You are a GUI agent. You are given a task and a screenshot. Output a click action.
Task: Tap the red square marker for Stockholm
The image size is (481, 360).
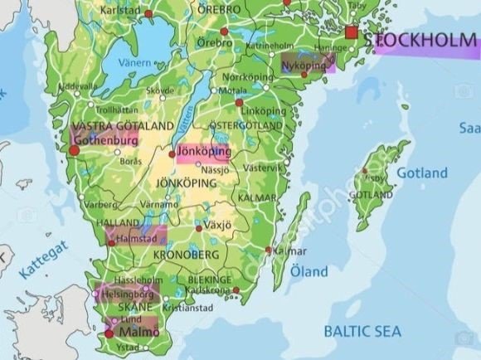tap(352, 33)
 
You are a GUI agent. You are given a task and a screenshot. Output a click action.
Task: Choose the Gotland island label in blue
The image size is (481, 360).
tap(421, 173)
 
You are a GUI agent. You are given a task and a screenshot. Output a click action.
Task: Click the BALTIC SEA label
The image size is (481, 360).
tap(362, 332)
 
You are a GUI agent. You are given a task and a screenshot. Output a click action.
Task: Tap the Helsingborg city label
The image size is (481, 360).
tap(127, 294)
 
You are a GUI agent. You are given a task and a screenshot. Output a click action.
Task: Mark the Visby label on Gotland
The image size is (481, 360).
tap(375, 178)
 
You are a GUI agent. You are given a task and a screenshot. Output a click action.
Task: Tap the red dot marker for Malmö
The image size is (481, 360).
tap(109, 333)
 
